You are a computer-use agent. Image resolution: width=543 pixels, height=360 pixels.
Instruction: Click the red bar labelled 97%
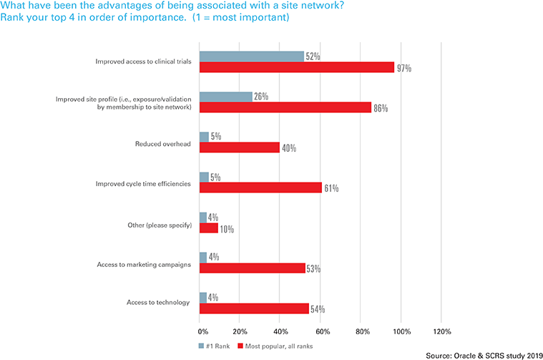[x=297, y=67]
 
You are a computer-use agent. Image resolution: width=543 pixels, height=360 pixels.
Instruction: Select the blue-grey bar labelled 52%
[x=252, y=57]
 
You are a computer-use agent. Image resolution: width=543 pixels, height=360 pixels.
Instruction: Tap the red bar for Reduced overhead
[x=240, y=147]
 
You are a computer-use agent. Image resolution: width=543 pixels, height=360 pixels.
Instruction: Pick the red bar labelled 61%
[x=260, y=188]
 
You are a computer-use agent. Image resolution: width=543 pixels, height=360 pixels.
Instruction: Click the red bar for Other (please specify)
[x=209, y=228]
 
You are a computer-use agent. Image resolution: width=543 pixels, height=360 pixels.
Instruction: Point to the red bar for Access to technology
[x=254, y=308]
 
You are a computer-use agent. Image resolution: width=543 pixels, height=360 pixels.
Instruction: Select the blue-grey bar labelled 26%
[x=226, y=97]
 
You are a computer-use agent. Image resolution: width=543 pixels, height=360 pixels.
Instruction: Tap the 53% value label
[x=313, y=269]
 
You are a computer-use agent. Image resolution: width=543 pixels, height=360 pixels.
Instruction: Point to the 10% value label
[x=226, y=229]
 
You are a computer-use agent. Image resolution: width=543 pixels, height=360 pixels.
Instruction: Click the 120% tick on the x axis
[x=441, y=332]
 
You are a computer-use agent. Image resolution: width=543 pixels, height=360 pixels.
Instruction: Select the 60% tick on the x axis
[x=321, y=332]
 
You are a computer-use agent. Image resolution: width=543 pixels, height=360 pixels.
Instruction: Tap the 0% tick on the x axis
[x=202, y=332]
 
